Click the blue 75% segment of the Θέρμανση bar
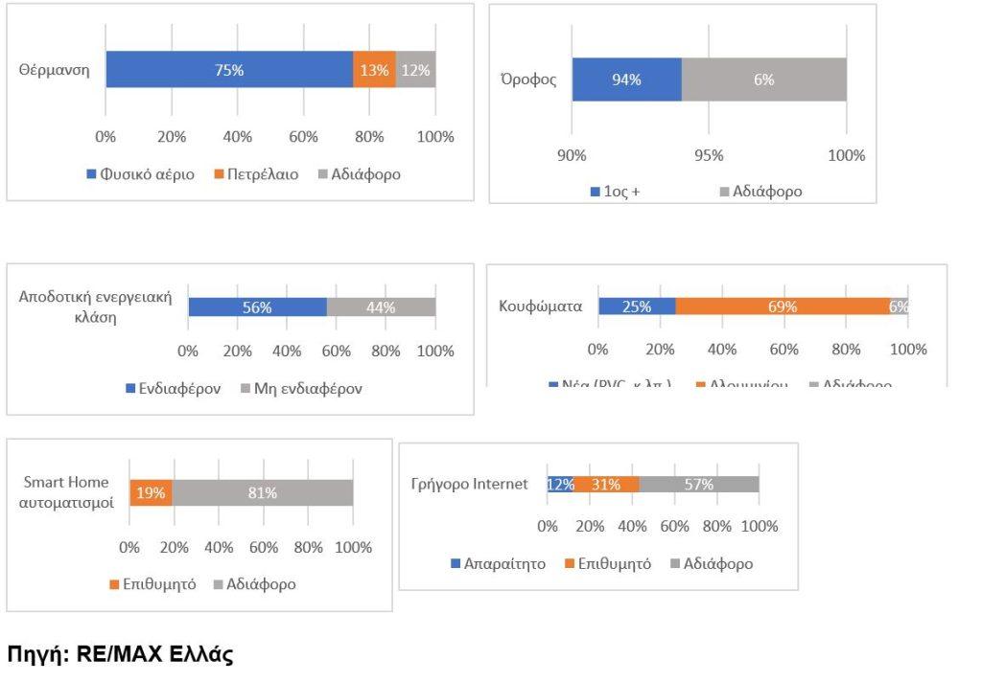coord(229,70)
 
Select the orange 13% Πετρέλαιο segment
coord(374,70)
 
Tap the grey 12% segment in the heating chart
coord(415,70)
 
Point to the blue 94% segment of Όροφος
coord(626,80)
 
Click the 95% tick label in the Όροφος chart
coord(709,155)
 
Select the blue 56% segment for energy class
coord(257,307)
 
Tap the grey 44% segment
coord(381,307)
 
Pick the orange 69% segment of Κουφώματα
coord(782,307)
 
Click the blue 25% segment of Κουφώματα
coord(637,307)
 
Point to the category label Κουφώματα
coord(541,307)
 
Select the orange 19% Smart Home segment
coord(151,493)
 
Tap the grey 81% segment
coord(263,493)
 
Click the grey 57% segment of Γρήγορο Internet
coord(699,485)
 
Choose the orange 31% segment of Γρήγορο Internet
coord(606,485)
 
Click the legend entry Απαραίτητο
coord(498,563)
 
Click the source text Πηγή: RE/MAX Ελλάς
coord(121,656)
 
